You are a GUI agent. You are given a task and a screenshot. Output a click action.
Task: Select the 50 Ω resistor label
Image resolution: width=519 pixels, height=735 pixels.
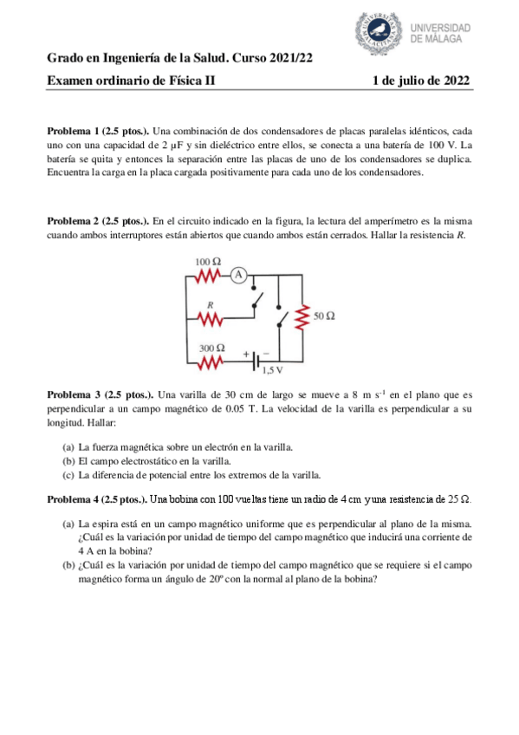tap(324, 317)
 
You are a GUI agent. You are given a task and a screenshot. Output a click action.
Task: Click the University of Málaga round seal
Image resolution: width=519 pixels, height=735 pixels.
tap(381, 32)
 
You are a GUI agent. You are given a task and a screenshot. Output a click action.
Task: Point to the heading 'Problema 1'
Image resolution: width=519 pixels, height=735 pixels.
tap(76, 130)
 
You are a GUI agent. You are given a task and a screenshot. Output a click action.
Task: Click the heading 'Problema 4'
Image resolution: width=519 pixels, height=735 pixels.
tap(76, 499)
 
